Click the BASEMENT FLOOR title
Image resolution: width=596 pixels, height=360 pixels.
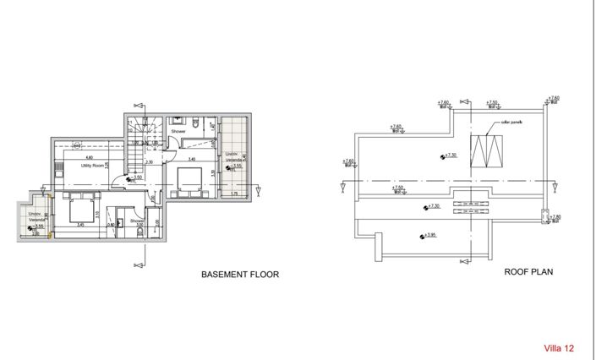coord(239,275)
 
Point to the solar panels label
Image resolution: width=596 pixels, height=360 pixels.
coord(512,123)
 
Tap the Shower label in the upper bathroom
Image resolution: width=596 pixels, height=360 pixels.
coord(178,132)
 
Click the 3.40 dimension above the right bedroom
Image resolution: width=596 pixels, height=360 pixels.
coord(192,159)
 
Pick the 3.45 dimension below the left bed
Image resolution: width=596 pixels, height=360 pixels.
coord(80,225)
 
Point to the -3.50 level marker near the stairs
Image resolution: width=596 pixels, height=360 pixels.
coord(135,177)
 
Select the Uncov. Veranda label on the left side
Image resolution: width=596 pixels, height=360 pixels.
coord(36,217)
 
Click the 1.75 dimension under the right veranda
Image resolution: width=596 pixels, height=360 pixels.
coord(234,194)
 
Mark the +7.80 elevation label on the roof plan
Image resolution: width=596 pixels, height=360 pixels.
coord(554,217)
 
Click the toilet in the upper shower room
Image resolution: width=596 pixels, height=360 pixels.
coord(194,125)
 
